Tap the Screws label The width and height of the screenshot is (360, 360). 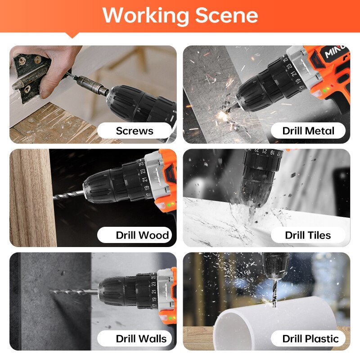[x=135, y=131]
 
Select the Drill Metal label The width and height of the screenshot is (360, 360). [x=308, y=131]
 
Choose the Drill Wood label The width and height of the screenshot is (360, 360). [x=142, y=235]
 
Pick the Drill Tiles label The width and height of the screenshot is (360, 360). [x=308, y=235]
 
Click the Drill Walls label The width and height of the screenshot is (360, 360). [x=141, y=339]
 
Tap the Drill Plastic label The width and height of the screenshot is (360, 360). [x=310, y=339]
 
